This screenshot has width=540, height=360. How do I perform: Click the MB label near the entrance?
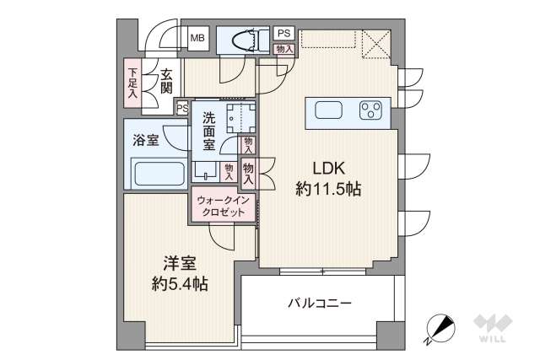pyautogui.click(x=197, y=38)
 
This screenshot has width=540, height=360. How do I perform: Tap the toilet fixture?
pyautogui.click(x=246, y=39)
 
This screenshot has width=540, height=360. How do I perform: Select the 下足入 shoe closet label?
pyautogui.click(x=132, y=78)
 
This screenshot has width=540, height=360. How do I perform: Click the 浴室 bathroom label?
pyautogui.click(x=146, y=141)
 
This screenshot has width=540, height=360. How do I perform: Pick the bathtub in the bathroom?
pyautogui.click(x=159, y=175)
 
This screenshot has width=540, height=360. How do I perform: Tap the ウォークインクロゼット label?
pyautogui.click(x=222, y=207)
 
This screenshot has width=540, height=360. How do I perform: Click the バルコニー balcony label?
pyautogui.click(x=320, y=303)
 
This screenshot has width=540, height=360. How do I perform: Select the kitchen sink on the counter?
pyautogui.click(x=329, y=111)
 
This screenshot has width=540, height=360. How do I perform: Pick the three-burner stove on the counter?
pyautogui.click(x=371, y=111)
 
